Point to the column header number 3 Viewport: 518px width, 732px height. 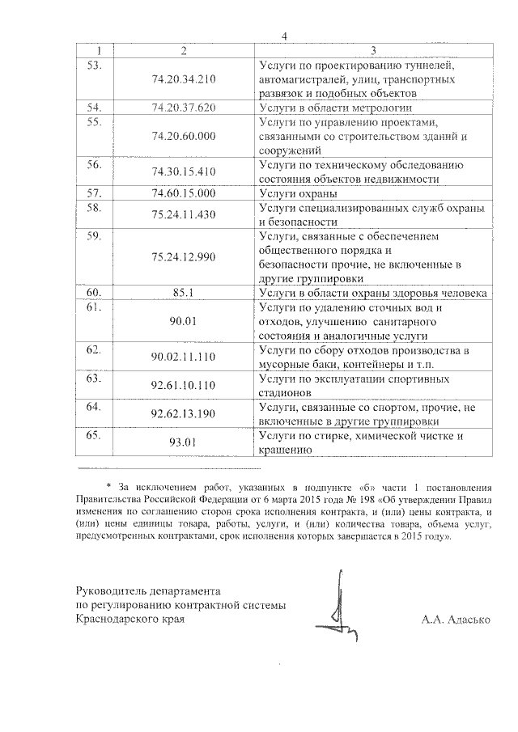372,50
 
